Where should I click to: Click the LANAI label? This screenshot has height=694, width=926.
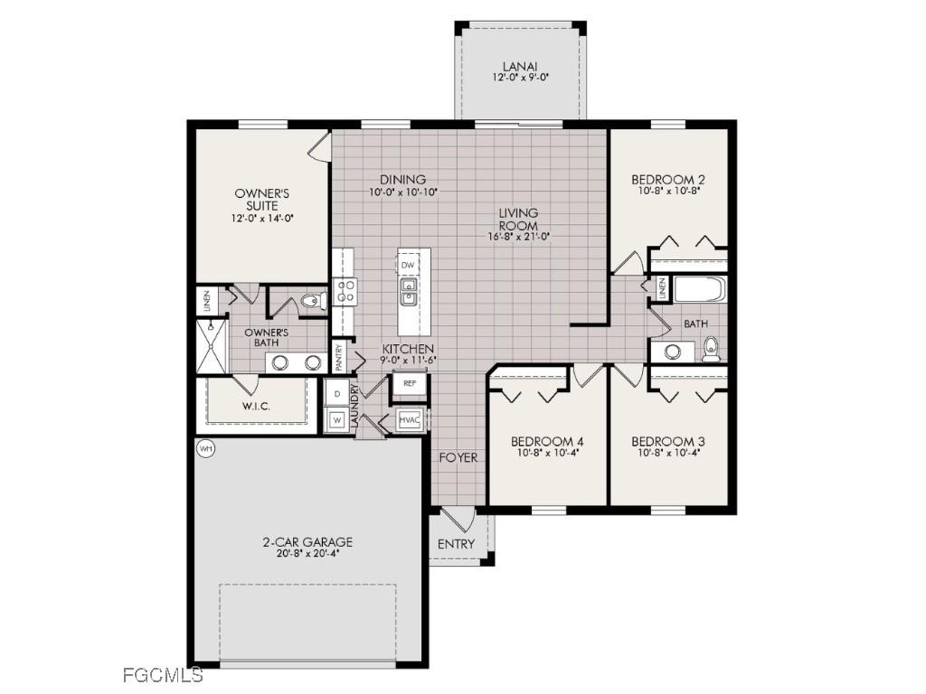tap(520, 66)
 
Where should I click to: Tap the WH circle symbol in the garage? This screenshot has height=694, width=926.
tap(205, 448)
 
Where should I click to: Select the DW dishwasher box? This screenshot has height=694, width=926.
tap(408, 265)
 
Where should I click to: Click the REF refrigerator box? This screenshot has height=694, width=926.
tap(409, 383)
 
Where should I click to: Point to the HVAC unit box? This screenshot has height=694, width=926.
tap(409, 420)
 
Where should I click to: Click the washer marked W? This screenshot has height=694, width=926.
tap(335, 419)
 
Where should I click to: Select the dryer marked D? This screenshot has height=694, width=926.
tap(335, 394)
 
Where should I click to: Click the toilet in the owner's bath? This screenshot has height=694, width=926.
tap(312, 303)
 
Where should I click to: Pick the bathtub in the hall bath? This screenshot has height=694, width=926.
tap(700, 291)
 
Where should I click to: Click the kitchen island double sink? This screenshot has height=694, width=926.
tap(408, 293)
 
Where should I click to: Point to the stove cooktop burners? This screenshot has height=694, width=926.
tap(345, 290)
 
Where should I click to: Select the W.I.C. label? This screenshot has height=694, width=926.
tap(256, 407)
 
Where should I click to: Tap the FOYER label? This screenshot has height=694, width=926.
tap(458, 458)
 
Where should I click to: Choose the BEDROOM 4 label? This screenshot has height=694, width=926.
tap(547, 441)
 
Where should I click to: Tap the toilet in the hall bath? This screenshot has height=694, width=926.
tap(712, 347)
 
